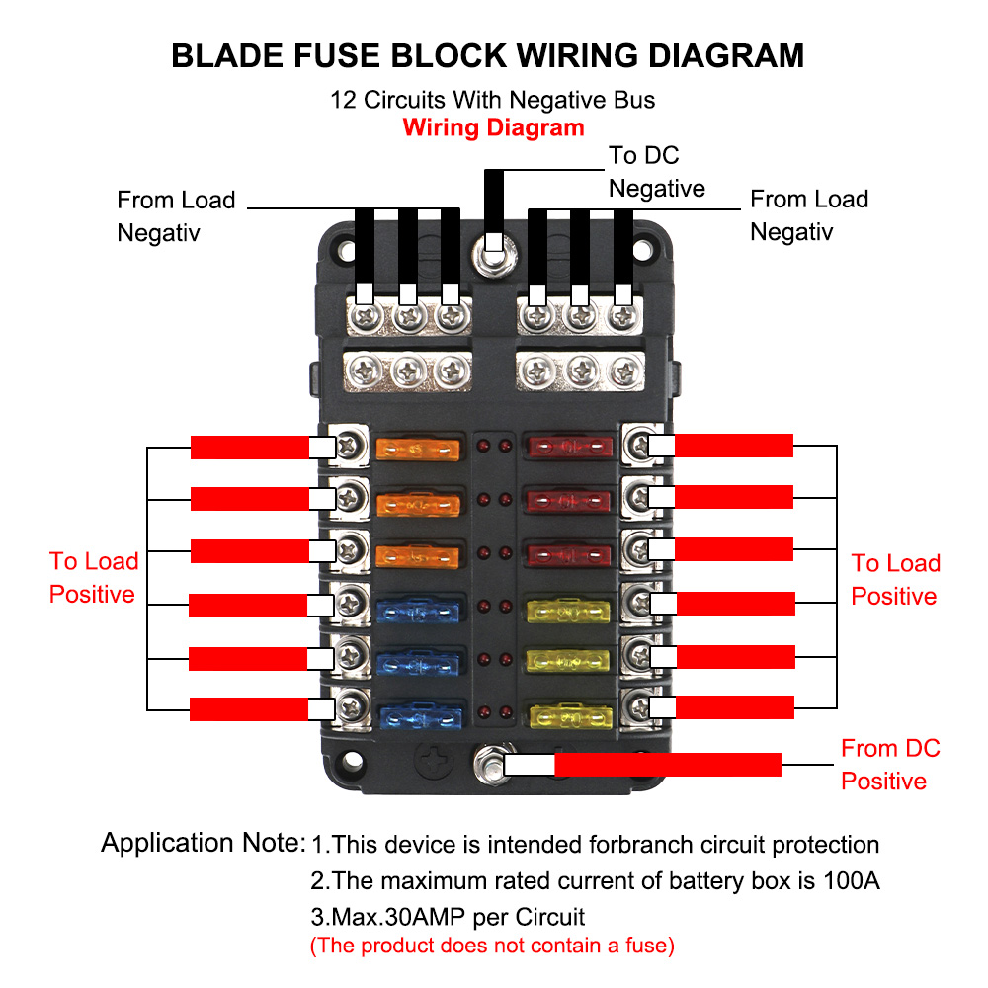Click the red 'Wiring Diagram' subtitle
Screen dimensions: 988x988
tap(493, 127)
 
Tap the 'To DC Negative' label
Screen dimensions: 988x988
tap(656, 172)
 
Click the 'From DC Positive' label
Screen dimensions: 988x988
tap(889, 765)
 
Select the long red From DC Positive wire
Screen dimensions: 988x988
tap(667, 764)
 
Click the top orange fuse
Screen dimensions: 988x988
tap(419, 450)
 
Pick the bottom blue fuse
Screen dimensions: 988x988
tap(420, 715)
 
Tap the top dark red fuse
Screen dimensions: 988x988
tap(567, 449)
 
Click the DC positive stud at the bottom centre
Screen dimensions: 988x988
tap(488, 764)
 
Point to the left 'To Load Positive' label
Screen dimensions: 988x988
tap(93, 578)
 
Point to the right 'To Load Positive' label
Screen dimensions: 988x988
tap(895, 580)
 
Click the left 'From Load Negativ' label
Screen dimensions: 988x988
tap(176, 216)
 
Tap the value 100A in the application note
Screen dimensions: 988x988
tap(850, 880)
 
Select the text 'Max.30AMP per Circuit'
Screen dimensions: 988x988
tap(448, 916)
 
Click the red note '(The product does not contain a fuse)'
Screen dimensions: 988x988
tap(492, 946)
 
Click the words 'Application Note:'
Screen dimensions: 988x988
tap(203, 843)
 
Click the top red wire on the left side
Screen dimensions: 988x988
tap(249, 447)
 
